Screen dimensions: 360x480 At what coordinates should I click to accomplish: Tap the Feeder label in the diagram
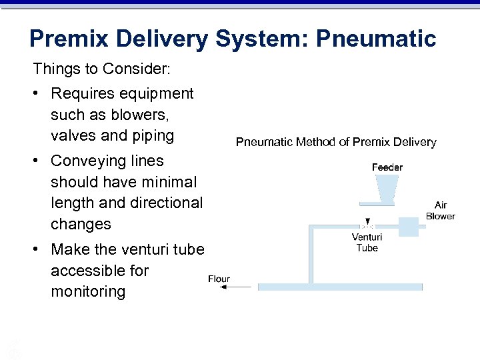tap(387, 167)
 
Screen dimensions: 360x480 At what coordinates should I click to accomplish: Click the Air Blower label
tap(440, 211)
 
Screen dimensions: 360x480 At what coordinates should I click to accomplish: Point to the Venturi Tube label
tap(367, 242)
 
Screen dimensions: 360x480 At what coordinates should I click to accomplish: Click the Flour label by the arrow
tap(219, 279)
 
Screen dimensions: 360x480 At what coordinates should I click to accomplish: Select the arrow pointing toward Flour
tap(237, 287)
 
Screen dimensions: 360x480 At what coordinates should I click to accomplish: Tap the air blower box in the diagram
tap(408, 226)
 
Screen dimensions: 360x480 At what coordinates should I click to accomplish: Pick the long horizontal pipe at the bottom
tap(340, 287)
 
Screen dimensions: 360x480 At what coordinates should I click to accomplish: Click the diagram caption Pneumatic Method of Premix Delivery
tap(336, 142)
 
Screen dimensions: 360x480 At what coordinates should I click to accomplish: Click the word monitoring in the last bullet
tap(88, 291)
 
